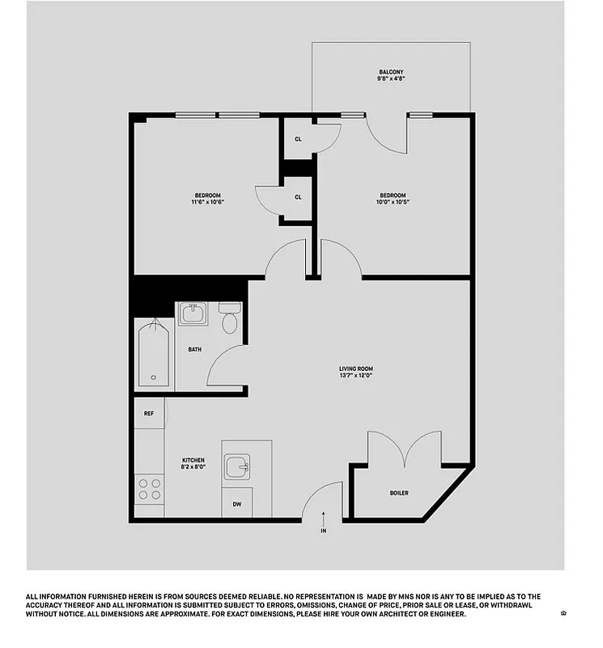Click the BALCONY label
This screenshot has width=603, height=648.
click(391, 72)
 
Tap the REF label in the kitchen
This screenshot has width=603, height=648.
click(149, 413)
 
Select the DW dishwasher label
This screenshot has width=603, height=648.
click(237, 504)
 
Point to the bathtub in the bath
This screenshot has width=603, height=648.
click(154, 354)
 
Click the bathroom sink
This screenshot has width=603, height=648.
click(193, 313)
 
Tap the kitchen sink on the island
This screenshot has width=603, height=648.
click(237, 467)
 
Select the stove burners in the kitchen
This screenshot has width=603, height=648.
click(149, 488)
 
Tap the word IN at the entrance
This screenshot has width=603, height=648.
click(323, 531)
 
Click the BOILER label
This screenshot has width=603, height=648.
click(399, 492)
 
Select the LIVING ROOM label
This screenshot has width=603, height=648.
click(356, 369)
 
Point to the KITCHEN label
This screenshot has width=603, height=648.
click(193, 460)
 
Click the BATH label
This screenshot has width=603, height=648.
click(195, 350)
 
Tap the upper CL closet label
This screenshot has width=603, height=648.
click(298, 139)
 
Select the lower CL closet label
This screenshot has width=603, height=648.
click(298, 197)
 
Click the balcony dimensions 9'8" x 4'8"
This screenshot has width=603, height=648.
click(391, 79)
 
